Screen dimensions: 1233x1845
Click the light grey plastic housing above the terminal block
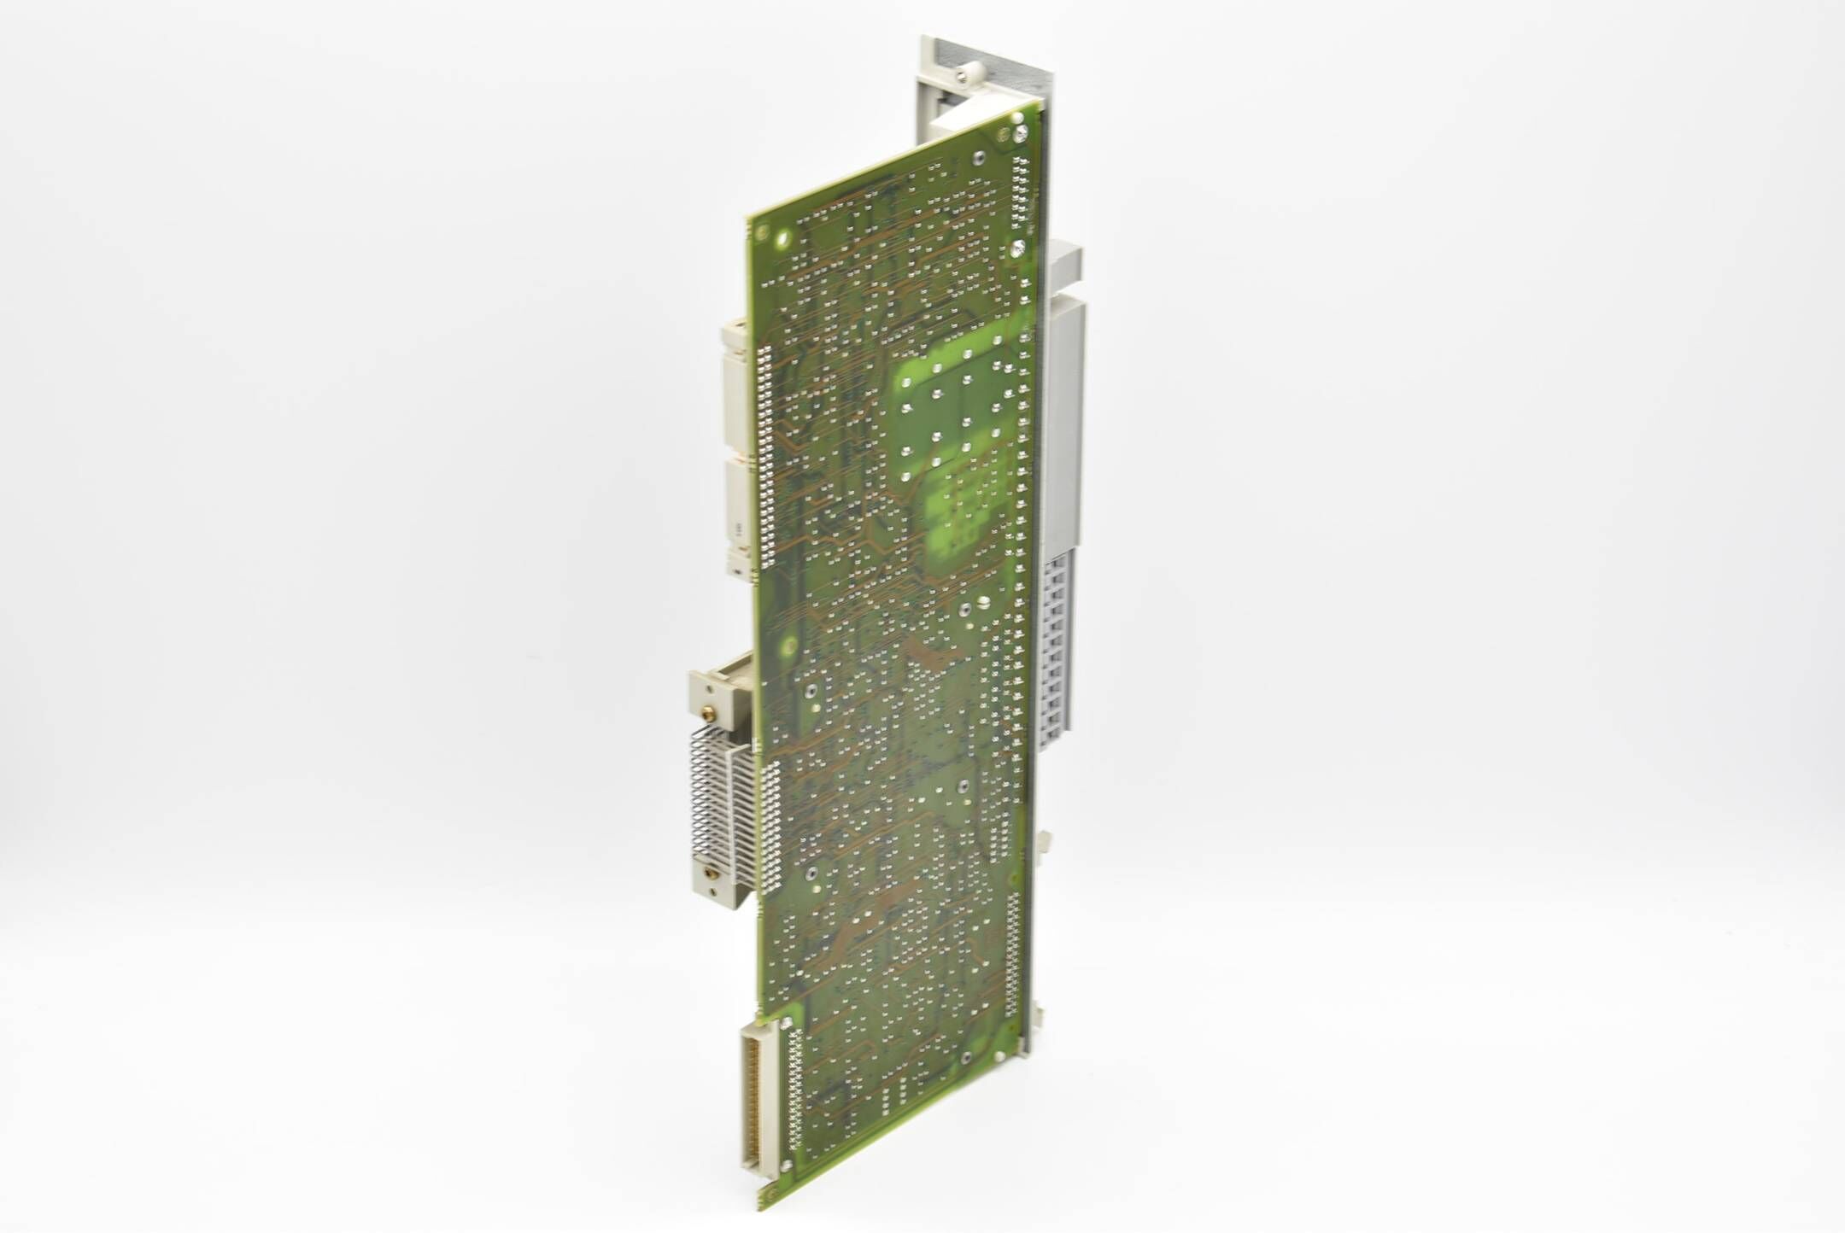click(x=1063, y=410)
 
